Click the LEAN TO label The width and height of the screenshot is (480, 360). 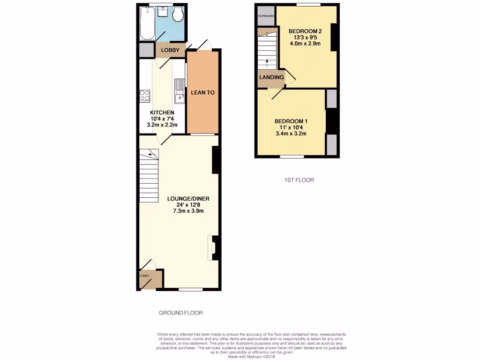pos(202,93)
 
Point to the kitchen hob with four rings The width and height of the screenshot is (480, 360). pos(144,96)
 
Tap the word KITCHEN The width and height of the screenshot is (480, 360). pos(162,113)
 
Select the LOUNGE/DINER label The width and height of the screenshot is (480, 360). pos(188,199)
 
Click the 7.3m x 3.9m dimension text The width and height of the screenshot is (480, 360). pos(188,211)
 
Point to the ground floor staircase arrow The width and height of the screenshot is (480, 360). pos(151,154)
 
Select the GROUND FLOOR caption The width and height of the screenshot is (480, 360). pos(180,313)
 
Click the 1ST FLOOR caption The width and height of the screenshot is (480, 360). pos(299,180)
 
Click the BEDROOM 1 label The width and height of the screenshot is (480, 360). pos(290,121)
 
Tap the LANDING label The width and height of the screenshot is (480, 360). pos(271,77)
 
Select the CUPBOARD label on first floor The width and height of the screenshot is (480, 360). pos(265,16)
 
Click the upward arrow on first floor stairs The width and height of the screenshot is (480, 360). pos(267,62)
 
